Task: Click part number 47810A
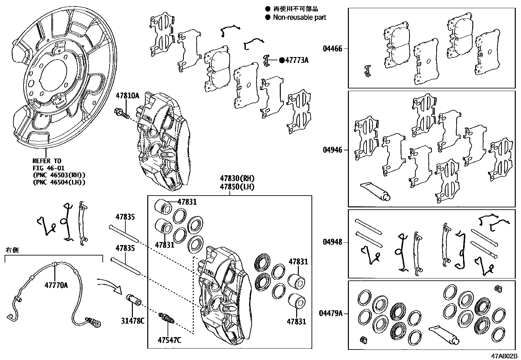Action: [x=127, y=96]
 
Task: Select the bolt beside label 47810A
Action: [x=121, y=114]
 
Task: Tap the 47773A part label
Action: [x=296, y=60]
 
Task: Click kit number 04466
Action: [x=332, y=49]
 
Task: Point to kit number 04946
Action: [x=332, y=150]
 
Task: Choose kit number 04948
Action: [x=332, y=242]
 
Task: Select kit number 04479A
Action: [x=331, y=313]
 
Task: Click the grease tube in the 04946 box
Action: [x=375, y=191]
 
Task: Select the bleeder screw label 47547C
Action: [x=169, y=340]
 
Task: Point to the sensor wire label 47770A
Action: [x=56, y=285]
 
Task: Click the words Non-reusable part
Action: [x=299, y=17]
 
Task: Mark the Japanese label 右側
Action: [x=12, y=250]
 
